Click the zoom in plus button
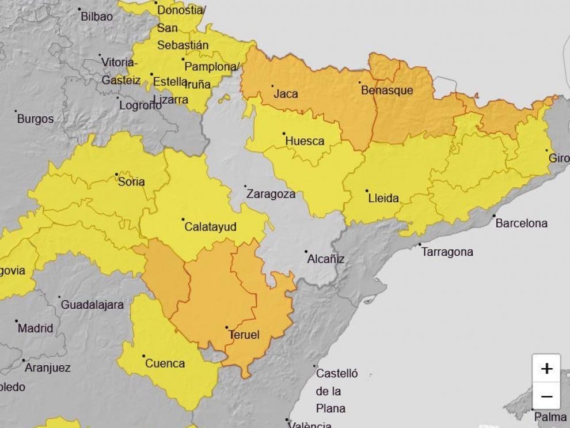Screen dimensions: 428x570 pyautogui.click(x=546, y=368)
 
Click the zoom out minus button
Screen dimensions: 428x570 pyautogui.click(x=546, y=396)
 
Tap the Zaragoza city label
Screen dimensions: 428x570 pyautogui.click(x=271, y=194)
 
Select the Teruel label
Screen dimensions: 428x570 pyautogui.click(x=244, y=335)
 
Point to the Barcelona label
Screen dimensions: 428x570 pyautogui.click(x=521, y=223)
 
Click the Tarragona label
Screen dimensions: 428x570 pyautogui.click(x=447, y=252)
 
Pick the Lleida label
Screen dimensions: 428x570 pyautogui.click(x=383, y=198)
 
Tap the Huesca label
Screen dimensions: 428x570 pyautogui.click(x=305, y=141)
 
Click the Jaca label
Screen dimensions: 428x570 pyautogui.click(x=286, y=93)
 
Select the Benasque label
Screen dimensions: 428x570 pyautogui.click(x=387, y=90)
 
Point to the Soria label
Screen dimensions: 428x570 pyautogui.click(x=131, y=181)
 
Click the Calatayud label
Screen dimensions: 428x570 pyautogui.click(x=210, y=227)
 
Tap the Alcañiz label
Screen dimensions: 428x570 pyautogui.click(x=325, y=259)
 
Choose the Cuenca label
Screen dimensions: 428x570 pyautogui.click(x=165, y=363)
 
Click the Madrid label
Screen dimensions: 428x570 pyautogui.click(x=35, y=328)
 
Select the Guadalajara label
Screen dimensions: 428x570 pyautogui.click(x=92, y=305)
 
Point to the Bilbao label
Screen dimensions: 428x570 pyautogui.click(x=97, y=16)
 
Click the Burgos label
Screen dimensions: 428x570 pyautogui.click(x=35, y=119)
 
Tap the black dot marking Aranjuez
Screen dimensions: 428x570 pyautogui.click(x=24, y=361)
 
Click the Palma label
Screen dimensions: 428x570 pyautogui.click(x=550, y=416)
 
